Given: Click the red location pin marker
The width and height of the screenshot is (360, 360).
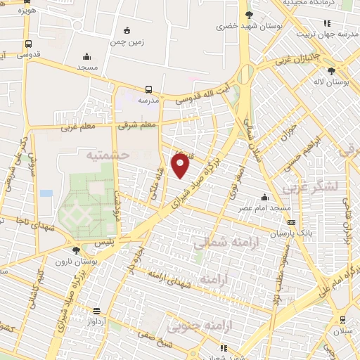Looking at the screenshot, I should [x=181, y=165].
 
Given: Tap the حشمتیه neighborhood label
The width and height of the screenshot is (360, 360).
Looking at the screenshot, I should [x=108, y=155].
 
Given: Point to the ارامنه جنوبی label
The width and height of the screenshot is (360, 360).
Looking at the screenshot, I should [x=191, y=326].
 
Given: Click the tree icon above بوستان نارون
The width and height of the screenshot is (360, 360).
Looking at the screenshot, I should [x=76, y=250].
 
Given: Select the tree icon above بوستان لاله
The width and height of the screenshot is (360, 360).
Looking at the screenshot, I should [x=331, y=70].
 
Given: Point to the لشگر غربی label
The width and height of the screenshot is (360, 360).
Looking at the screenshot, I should [x=309, y=187].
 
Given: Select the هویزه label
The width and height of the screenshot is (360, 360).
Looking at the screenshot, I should [x=26, y=11].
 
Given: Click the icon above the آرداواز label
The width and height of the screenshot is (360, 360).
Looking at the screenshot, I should [x=97, y=310].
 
